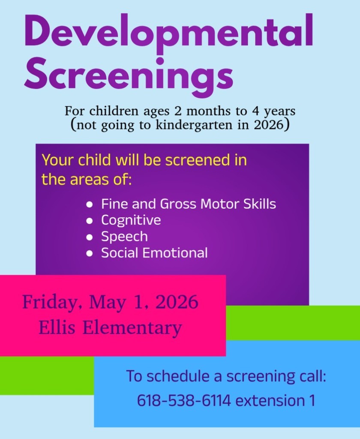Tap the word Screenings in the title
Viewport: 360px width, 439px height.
(129, 74)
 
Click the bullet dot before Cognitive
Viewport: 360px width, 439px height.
(90, 221)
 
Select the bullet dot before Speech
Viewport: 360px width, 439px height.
(90, 237)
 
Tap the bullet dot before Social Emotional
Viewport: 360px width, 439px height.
(90, 253)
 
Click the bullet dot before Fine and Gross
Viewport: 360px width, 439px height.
(90, 204)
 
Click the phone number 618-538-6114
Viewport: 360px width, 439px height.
(184, 401)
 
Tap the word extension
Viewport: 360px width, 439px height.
(265, 401)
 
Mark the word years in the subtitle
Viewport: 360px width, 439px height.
(280, 112)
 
